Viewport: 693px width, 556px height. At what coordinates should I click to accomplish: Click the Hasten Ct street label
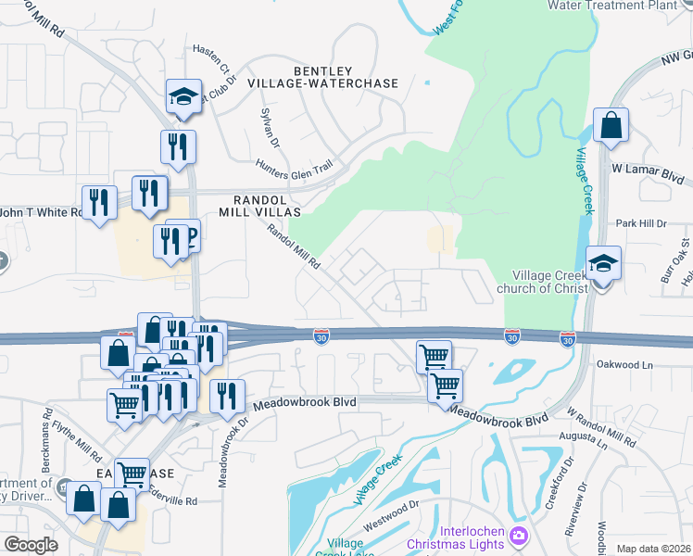pyautogui.click(x=211, y=57)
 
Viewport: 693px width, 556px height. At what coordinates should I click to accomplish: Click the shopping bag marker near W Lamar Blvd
pyautogui.click(x=611, y=125)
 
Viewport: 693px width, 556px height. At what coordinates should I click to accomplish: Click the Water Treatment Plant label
pyautogui.click(x=612, y=5)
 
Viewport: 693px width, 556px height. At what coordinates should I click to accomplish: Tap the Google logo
pyautogui.click(x=31, y=545)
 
